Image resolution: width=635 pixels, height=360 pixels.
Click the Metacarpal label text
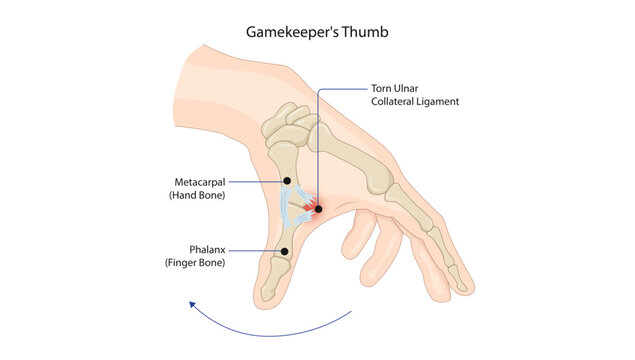tap(198, 181)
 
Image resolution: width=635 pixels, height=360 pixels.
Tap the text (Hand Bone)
tap(198, 195)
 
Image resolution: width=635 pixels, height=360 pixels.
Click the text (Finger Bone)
tap(195, 262)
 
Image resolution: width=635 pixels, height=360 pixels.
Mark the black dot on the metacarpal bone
tap(287, 181)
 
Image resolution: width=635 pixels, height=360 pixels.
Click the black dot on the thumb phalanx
tap(285, 251)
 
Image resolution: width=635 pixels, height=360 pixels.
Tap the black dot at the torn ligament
tap(318, 209)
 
